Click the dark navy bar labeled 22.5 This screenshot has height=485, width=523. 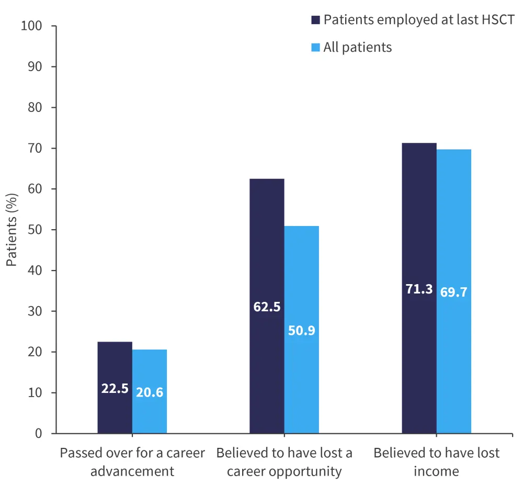(x=115, y=366)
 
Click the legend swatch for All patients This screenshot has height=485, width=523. (x=315, y=48)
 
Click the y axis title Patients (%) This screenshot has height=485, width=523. (x=12, y=229)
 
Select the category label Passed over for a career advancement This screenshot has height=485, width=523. (x=132, y=461)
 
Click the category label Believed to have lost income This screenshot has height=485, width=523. (x=437, y=461)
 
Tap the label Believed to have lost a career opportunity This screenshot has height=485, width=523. (x=285, y=461)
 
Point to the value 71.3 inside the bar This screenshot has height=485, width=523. (x=419, y=289)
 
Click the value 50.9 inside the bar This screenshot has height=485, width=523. (x=301, y=331)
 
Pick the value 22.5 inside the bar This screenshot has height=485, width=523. (x=115, y=389)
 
